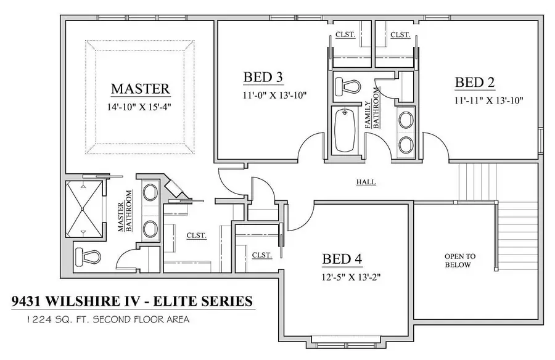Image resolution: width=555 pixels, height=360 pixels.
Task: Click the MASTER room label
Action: click(140, 89)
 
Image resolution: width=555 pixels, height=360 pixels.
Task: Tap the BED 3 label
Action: click(263, 77)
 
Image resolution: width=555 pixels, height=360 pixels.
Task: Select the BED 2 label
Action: click(475, 82)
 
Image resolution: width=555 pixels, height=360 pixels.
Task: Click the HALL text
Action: click(366, 182)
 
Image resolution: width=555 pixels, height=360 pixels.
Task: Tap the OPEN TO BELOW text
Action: click(458, 260)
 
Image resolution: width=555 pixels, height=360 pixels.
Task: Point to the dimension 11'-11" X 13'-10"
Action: click(489, 100)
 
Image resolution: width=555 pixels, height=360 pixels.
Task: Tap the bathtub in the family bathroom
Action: click(343, 129)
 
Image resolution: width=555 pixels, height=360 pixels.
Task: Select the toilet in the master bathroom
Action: click(88, 255)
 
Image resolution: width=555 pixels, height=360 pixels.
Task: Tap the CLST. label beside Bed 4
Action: click(262, 254)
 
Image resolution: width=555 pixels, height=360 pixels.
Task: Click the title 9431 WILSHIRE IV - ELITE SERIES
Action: click(133, 301)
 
